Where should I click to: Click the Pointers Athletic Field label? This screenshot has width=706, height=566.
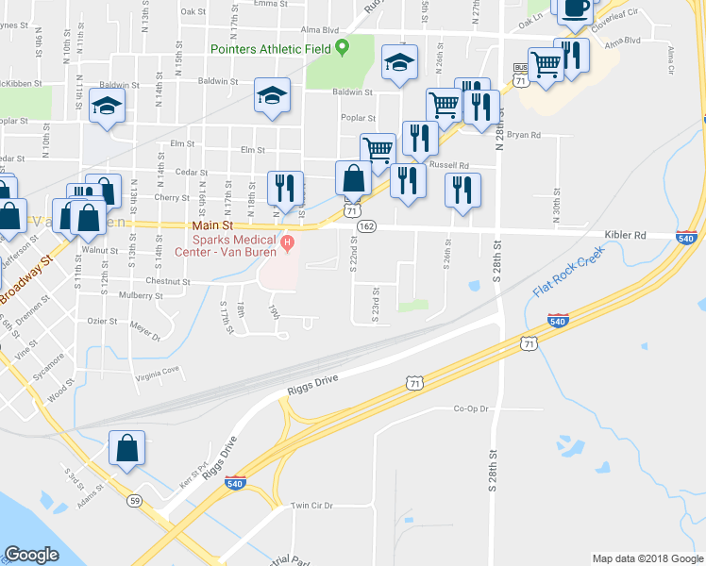pyautogui.click(x=273, y=48)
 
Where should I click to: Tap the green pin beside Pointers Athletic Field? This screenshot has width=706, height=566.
pyautogui.click(x=344, y=46)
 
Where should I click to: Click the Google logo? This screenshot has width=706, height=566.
pyautogui.click(x=32, y=555)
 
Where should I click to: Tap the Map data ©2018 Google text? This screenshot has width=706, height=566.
pyautogui.click(x=647, y=558)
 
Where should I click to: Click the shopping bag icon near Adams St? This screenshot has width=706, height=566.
pyautogui.click(x=127, y=449)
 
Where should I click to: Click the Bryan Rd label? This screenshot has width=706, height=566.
pyautogui.click(x=523, y=135)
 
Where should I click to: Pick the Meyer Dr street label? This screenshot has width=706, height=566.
pyautogui.click(x=145, y=331)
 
